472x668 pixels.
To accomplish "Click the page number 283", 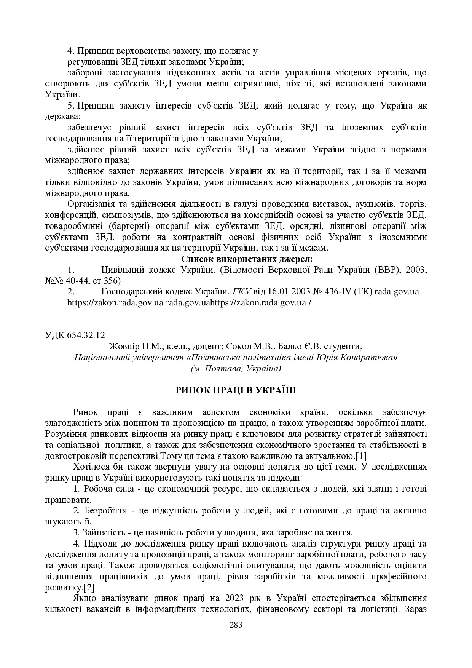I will pos(236,625).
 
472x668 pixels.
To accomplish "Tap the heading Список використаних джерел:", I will pos(247,259).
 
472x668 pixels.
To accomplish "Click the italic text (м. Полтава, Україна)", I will pos(236,369).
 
